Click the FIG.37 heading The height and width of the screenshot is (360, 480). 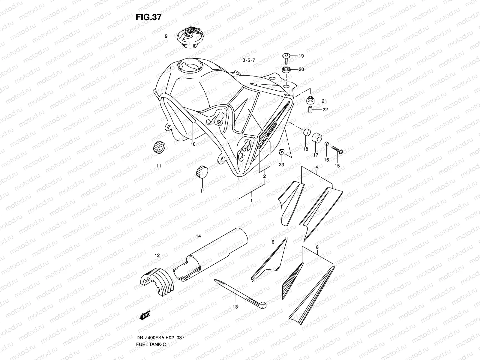pos(148,17)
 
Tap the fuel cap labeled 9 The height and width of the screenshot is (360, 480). pos(191,38)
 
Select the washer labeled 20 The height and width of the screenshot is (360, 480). pos(286,70)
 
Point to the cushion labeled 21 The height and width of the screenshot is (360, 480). pos(310,100)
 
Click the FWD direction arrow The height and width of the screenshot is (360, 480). pos(145,315)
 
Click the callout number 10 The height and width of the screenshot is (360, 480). pos(193,144)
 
